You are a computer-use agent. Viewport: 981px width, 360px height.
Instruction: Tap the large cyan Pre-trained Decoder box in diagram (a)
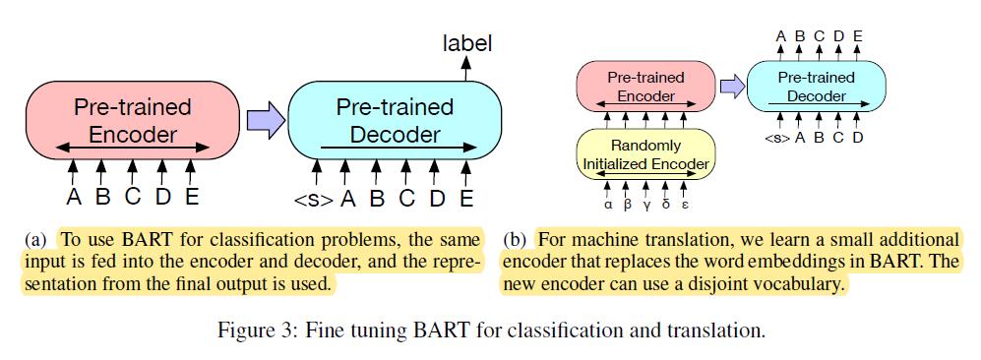(x=395, y=120)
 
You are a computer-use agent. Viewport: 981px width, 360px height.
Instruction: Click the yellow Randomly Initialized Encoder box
(x=644, y=153)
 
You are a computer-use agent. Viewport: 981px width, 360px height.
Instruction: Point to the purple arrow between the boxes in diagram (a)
(x=262, y=120)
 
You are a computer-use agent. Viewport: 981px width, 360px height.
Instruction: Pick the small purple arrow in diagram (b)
(x=730, y=88)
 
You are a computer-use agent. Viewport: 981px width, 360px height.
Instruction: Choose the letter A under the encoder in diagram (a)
(x=73, y=197)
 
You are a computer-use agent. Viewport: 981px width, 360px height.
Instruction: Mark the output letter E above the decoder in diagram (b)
(x=857, y=37)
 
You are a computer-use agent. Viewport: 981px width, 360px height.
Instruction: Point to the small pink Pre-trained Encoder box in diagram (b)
(x=644, y=86)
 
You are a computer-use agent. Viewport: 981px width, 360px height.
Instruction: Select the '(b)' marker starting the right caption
(x=516, y=240)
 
